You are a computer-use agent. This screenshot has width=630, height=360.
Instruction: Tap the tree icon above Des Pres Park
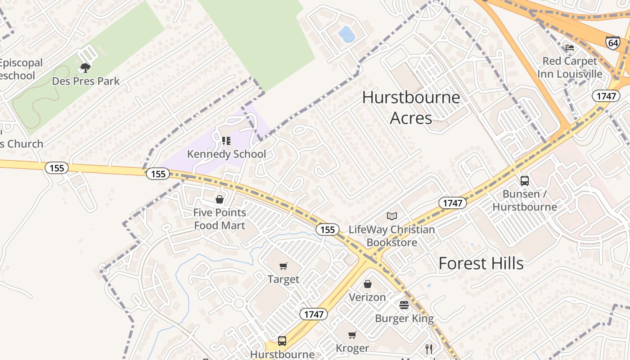(x=85, y=68)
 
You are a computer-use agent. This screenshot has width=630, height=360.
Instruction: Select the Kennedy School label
(x=226, y=154)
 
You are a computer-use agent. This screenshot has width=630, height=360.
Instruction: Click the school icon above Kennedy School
(x=226, y=141)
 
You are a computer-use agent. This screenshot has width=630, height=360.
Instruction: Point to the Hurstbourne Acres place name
(x=411, y=108)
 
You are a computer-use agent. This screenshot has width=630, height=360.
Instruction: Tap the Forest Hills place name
(x=481, y=263)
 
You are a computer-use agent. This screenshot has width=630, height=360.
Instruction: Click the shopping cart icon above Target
(x=283, y=266)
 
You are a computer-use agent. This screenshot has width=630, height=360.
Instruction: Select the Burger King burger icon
(x=404, y=305)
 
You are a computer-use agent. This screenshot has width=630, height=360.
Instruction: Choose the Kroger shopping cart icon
(x=352, y=335)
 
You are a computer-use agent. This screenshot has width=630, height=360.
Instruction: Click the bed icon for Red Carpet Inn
(x=570, y=48)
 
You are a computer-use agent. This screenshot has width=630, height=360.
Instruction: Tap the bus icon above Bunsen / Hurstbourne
(x=525, y=181)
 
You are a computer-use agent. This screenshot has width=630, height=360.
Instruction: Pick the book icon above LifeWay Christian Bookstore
(x=392, y=216)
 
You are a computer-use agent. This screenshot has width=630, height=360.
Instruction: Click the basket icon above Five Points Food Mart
(x=220, y=199)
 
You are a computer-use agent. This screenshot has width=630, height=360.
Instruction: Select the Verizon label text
(x=367, y=297)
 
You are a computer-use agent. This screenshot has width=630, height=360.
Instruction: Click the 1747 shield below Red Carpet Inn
(x=606, y=95)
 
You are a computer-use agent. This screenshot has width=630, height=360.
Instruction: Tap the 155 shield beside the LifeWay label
(x=327, y=229)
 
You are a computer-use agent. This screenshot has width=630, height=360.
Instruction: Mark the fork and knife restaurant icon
(x=429, y=349)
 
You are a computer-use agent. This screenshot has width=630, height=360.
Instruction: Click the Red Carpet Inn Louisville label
(x=570, y=67)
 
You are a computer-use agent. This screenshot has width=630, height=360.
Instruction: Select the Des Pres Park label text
(x=86, y=81)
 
